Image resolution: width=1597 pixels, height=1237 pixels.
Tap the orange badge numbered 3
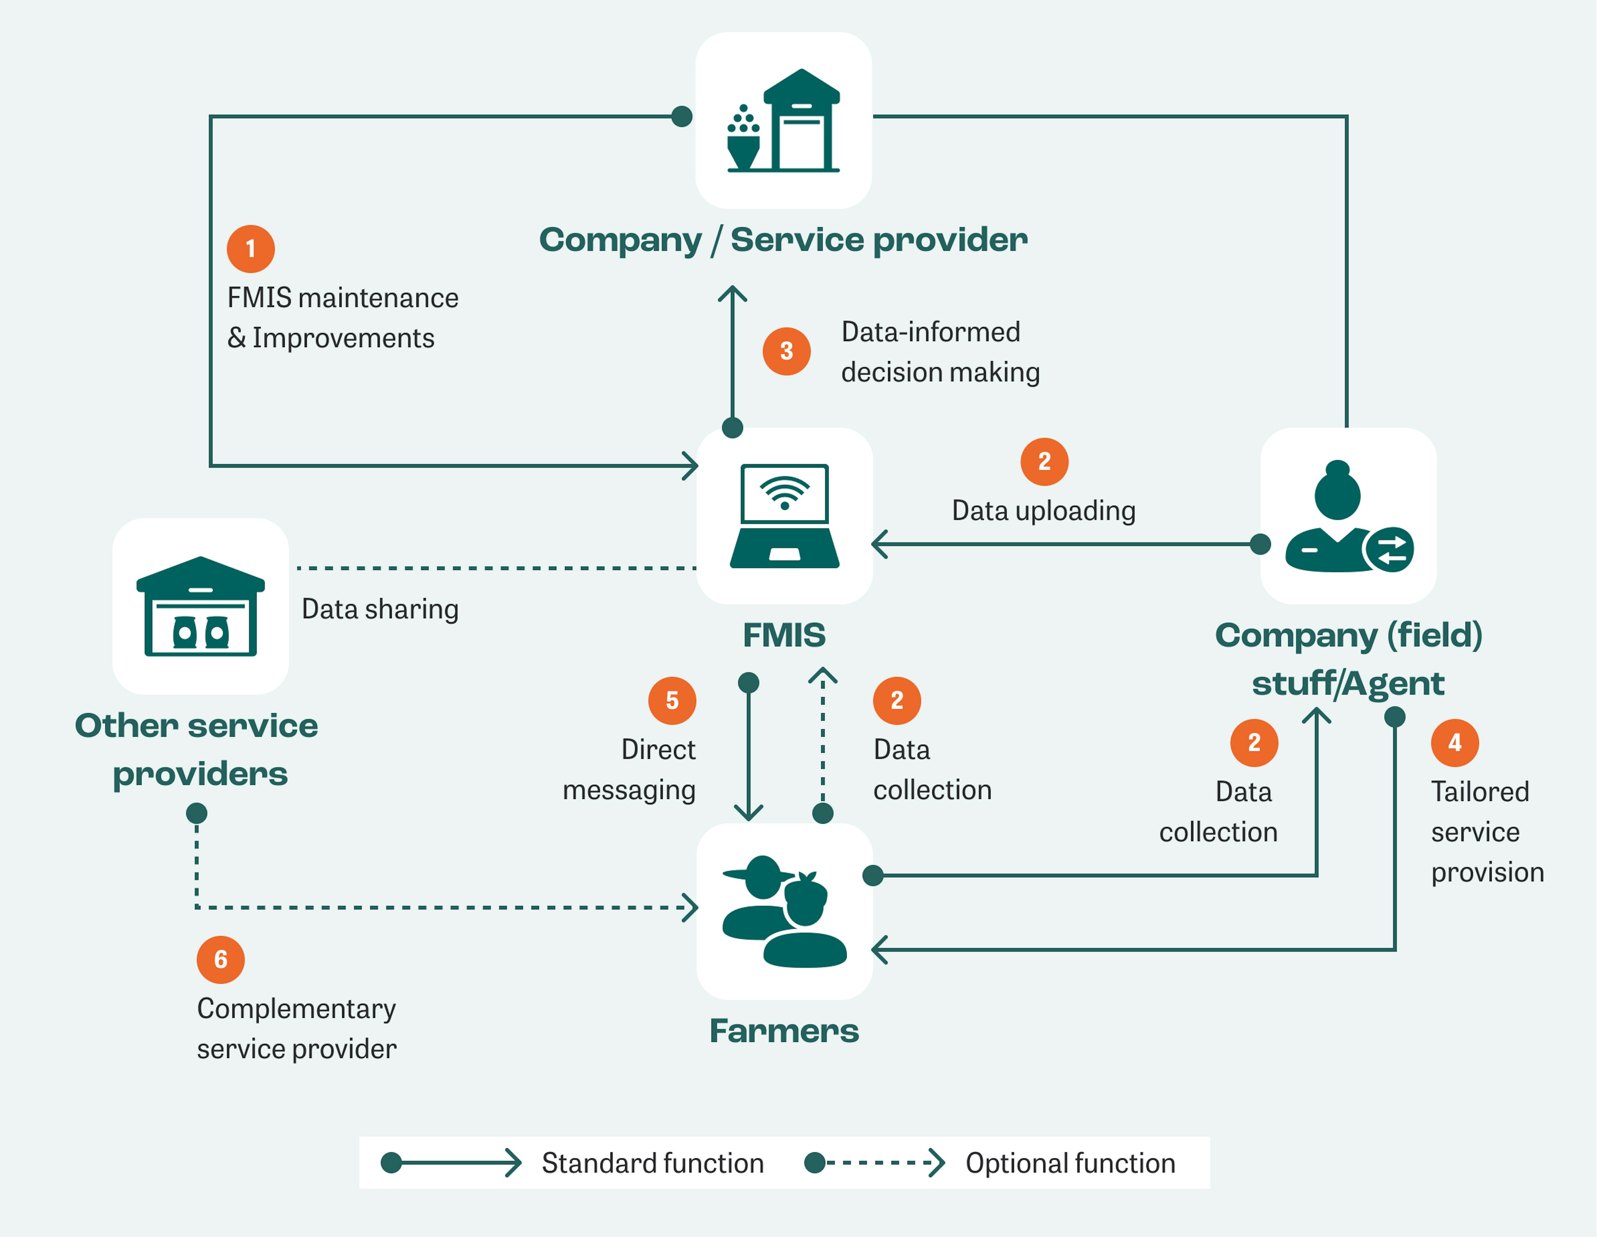(x=786, y=351)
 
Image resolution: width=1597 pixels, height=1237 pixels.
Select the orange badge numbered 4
(x=1454, y=742)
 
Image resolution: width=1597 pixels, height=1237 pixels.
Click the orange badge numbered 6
(x=220, y=959)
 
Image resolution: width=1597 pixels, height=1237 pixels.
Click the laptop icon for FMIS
(x=784, y=516)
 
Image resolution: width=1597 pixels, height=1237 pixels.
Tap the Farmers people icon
(x=784, y=911)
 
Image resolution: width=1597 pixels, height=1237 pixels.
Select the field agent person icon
(x=1348, y=516)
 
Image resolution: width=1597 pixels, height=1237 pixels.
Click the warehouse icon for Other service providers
(x=200, y=606)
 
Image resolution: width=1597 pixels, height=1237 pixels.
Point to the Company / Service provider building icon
(x=783, y=121)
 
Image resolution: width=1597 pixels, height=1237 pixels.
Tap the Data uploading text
(x=1043, y=511)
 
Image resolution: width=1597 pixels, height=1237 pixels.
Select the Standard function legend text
(x=652, y=1163)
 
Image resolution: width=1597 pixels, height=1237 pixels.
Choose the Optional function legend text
(x=1070, y=1163)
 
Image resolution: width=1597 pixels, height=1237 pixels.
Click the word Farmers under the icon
(x=784, y=1031)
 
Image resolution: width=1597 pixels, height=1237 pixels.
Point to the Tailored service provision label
(x=1487, y=832)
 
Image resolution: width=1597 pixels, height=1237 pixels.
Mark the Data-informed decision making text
(x=940, y=352)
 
